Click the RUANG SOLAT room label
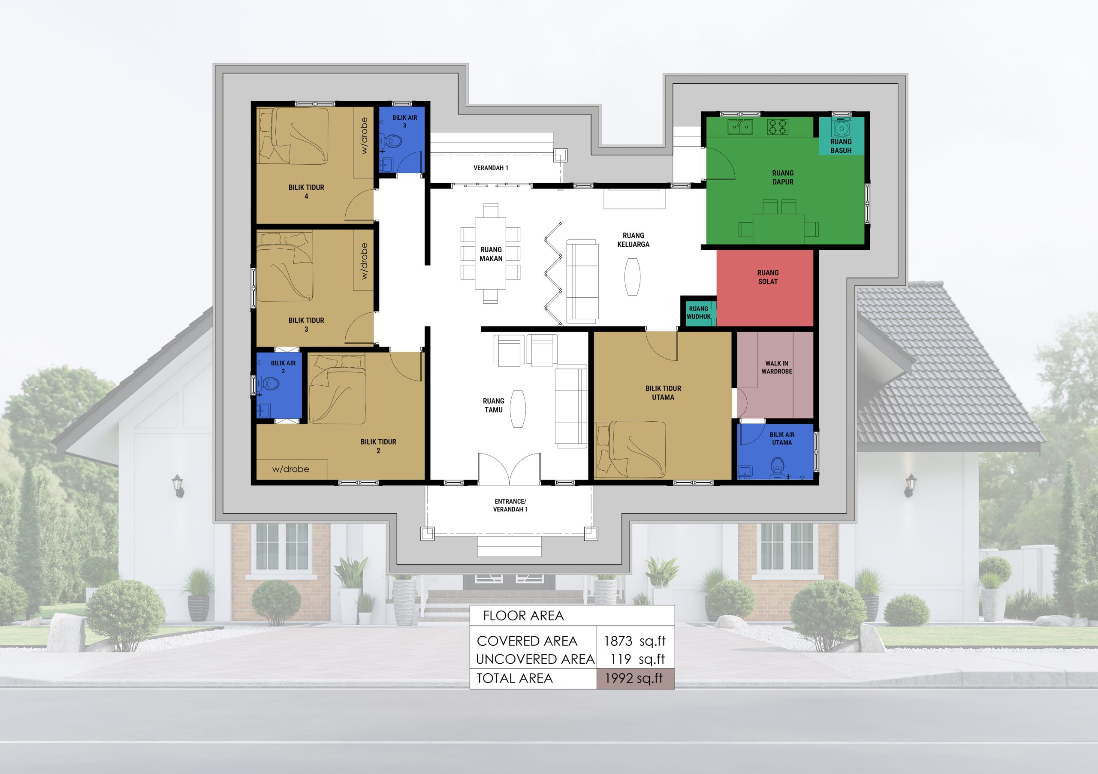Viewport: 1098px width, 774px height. tap(768, 277)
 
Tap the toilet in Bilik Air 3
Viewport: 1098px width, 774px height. tap(394, 142)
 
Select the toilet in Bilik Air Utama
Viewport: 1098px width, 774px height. tap(778, 466)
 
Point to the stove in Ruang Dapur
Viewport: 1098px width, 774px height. tap(778, 127)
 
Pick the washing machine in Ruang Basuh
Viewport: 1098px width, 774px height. tap(841, 128)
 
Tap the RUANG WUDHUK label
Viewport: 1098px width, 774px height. tap(699, 313)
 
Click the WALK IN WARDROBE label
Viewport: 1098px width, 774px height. tap(777, 367)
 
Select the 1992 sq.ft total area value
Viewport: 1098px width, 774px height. tap(633, 678)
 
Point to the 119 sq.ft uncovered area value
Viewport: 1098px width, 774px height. tap(637, 659)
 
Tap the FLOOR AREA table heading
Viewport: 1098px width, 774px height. tap(523, 616)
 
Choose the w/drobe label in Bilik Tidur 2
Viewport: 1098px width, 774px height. tap(290, 469)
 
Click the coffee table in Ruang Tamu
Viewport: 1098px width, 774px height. tap(518, 409)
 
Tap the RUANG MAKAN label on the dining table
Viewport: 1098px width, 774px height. tap(491, 254)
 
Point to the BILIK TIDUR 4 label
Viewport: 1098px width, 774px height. tap(306, 192)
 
